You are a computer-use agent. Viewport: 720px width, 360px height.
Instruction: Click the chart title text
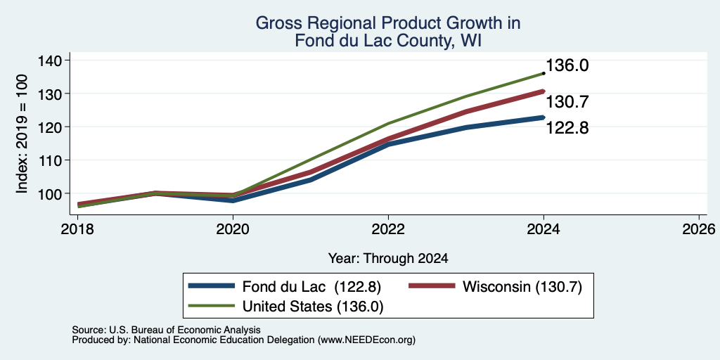pos(388,32)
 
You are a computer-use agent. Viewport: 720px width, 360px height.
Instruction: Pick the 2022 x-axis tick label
pos(388,229)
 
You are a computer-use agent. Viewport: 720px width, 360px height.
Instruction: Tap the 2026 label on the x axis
pos(700,229)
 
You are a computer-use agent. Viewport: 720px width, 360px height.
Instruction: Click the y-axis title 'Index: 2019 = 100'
pos(22,134)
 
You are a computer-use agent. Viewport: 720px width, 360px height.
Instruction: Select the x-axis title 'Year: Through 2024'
pos(388,259)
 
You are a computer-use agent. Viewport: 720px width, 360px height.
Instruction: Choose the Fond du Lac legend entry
pos(285,287)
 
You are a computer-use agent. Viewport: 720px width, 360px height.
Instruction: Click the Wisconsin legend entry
pos(496,287)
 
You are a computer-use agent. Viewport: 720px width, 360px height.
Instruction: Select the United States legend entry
pos(285,307)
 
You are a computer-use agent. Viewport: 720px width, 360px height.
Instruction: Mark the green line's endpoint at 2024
pos(544,73)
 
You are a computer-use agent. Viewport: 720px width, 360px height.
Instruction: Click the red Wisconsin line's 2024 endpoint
pos(544,91)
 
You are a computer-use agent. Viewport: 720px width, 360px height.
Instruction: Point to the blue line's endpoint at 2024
pos(544,117)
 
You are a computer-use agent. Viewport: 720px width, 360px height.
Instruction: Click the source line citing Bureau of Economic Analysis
pos(166,330)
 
